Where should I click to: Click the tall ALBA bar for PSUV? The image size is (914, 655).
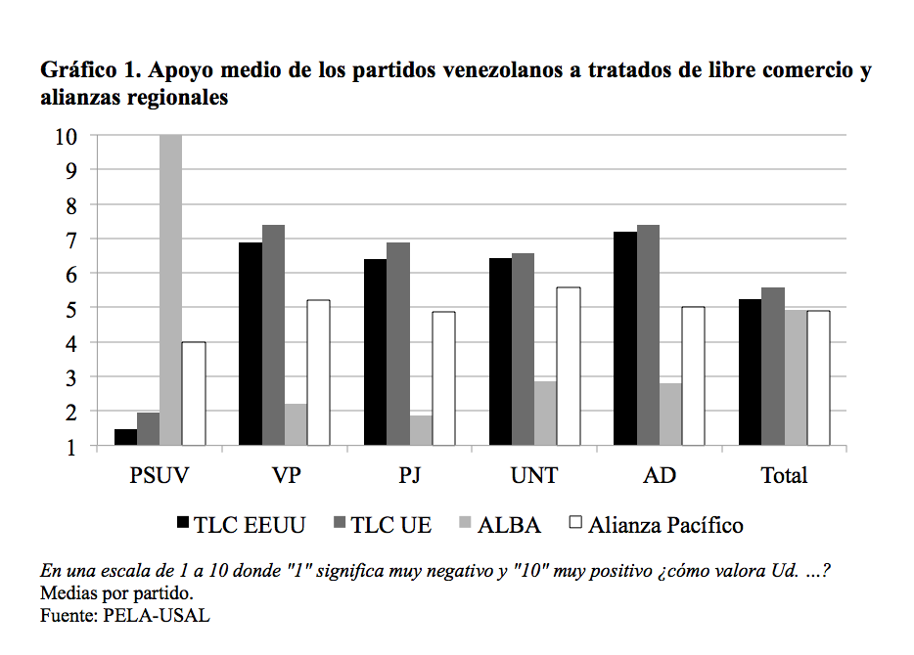[x=170, y=290]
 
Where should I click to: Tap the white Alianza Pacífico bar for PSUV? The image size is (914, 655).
[x=194, y=394]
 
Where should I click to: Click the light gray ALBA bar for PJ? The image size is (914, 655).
[x=421, y=431]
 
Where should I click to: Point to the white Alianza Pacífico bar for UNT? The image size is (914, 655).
[x=569, y=367]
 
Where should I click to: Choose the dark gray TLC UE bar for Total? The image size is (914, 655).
[x=773, y=367]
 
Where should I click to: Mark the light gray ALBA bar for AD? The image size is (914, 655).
[x=670, y=415]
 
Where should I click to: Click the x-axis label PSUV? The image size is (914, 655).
[x=160, y=476]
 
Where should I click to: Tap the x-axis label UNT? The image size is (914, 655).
[x=534, y=476]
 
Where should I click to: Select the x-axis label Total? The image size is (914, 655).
[x=784, y=476]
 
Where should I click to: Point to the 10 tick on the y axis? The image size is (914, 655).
[x=66, y=136]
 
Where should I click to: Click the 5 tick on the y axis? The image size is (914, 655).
[x=71, y=309]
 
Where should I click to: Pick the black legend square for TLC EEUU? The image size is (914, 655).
[x=182, y=524]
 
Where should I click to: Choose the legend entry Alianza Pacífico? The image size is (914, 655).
[x=665, y=525]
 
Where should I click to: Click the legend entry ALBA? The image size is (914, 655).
[x=508, y=525]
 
